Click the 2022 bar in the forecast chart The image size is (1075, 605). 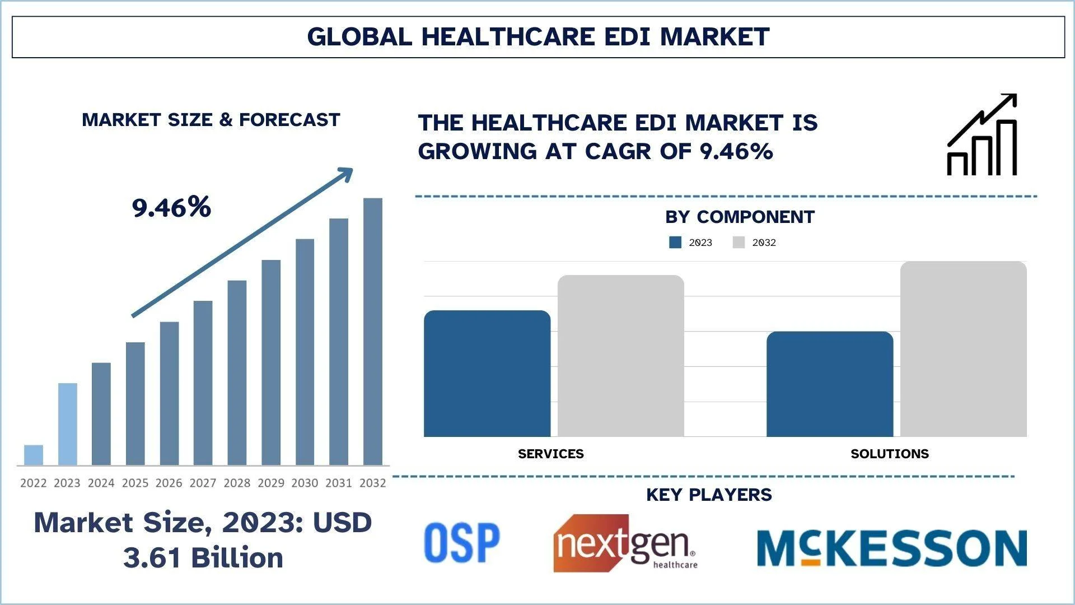[x=34, y=455]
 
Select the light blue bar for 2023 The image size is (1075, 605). [x=68, y=424]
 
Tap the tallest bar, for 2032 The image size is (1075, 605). [x=373, y=332]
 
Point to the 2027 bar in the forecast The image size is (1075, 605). [x=203, y=383]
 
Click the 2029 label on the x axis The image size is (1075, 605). [x=271, y=483]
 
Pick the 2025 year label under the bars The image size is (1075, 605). [x=135, y=483]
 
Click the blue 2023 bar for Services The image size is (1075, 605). [x=487, y=374]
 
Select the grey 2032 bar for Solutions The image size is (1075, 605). [x=964, y=349]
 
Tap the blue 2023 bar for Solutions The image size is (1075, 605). [x=830, y=384]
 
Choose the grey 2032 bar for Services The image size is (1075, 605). [x=621, y=356]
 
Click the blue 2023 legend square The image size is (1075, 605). [x=675, y=243]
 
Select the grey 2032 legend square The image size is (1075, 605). [x=739, y=243]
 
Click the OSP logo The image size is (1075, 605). [x=462, y=542]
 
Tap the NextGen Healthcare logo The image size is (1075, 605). [x=625, y=543]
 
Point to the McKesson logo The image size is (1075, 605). [x=892, y=548]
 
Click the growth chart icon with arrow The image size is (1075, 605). [x=982, y=135]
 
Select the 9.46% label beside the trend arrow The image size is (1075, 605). [x=171, y=207]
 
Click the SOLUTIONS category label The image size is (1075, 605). [x=889, y=454]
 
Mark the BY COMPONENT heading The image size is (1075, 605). [x=740, y=217]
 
